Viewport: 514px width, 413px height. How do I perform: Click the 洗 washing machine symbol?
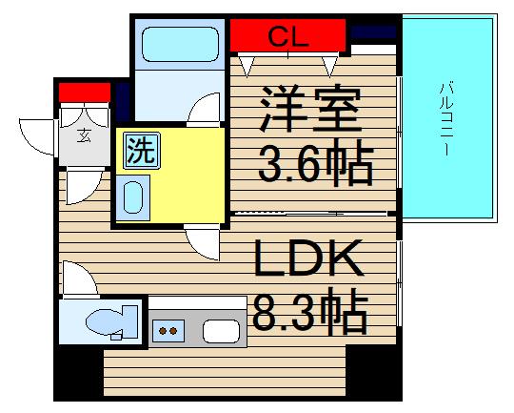[x=140, y=152]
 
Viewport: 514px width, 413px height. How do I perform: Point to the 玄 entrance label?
[x=83, y=134]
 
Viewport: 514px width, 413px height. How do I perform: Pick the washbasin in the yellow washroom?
[x=134, y=196]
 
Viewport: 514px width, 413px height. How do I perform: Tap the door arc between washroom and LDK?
[x=203, y=239]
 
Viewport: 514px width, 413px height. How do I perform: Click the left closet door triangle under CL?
[x=249, y=65]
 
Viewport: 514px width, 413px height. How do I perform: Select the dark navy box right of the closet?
[x=372, y=32]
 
